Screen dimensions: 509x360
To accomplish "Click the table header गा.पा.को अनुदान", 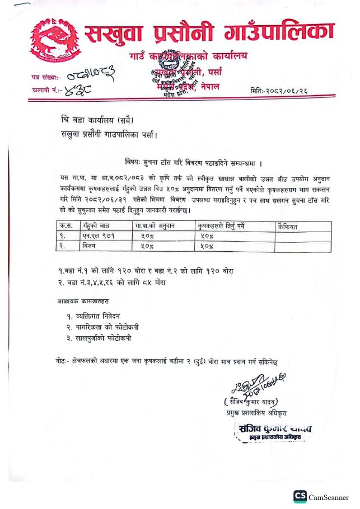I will [x=153, y=225].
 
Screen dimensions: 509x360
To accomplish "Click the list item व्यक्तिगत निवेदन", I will [x=107, y=317].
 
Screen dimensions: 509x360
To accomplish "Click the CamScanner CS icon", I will [x=300, y=497].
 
